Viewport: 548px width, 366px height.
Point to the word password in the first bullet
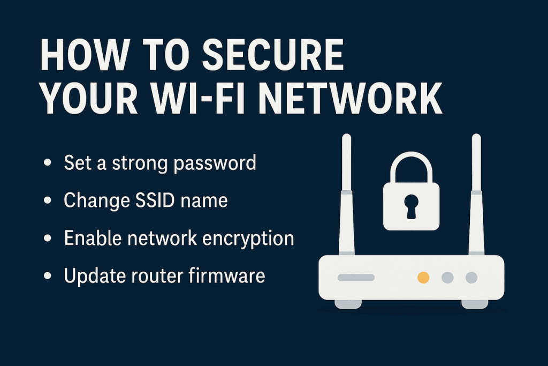217,162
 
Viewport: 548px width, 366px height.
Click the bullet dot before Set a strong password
48,163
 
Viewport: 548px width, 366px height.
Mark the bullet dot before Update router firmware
48,277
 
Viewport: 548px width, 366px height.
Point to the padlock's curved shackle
411,163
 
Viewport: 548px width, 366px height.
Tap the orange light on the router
423,277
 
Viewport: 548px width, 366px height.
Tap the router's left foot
348,304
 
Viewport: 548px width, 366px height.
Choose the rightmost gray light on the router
471,277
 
